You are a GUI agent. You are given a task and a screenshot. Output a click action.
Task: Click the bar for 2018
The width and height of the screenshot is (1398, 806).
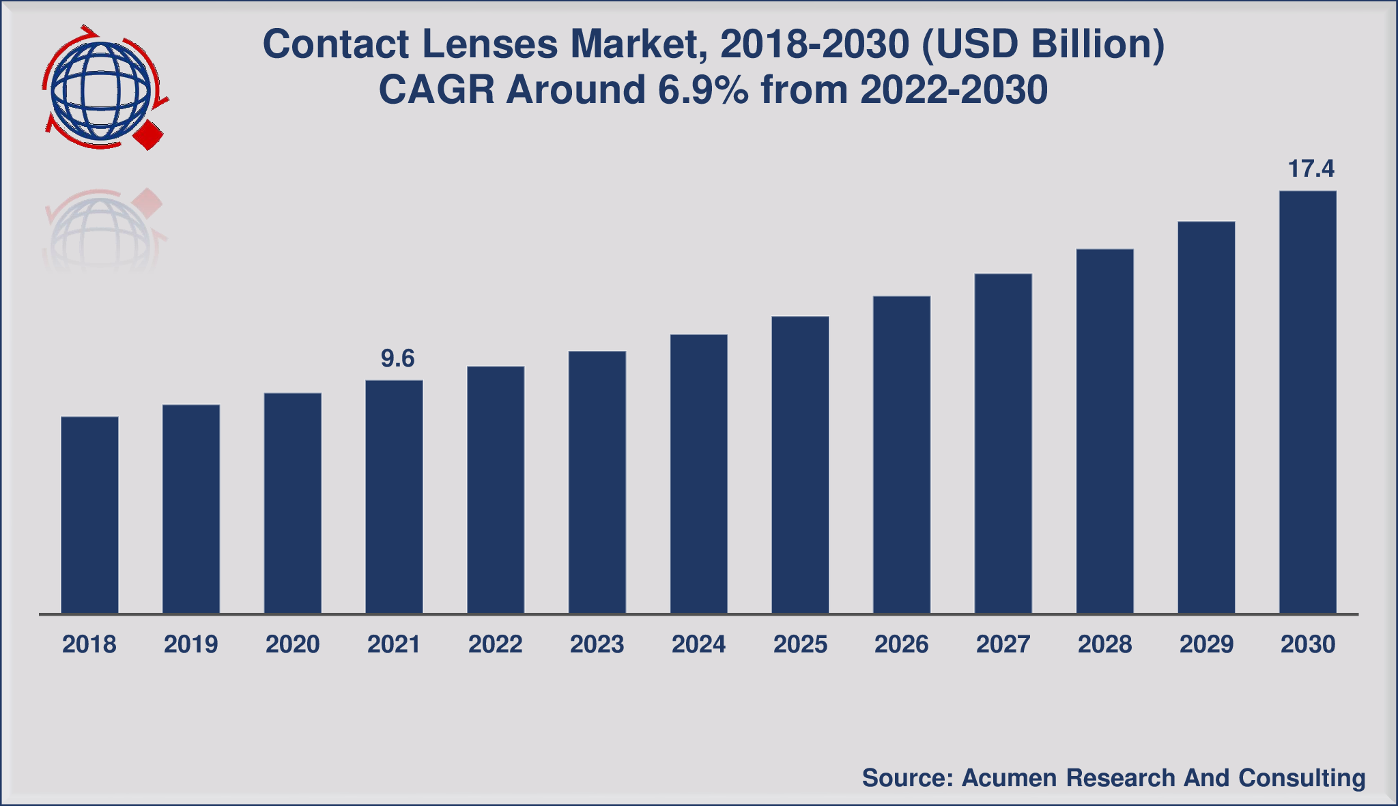point(89,515)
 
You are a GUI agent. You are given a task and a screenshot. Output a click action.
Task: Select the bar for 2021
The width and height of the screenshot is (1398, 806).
point(394,496)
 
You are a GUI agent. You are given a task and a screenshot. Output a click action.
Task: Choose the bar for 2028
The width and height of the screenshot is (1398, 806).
point(1104,431)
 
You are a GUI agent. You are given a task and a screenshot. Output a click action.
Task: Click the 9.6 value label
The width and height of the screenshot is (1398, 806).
point(397,358)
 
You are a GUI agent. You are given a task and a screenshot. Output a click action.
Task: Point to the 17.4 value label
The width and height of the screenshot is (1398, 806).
point(1311,169)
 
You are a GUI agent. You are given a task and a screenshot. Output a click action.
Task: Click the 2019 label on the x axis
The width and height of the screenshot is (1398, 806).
point(190,644)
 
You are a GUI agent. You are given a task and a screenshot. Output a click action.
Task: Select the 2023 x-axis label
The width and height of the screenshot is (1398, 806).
point(597,644)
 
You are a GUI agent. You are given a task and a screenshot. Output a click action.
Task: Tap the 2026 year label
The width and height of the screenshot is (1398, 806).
point(901,644)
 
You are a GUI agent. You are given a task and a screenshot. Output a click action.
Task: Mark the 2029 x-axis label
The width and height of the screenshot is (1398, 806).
point(1206,644)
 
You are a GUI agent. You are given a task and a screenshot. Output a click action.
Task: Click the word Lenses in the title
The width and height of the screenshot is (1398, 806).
point(490,44)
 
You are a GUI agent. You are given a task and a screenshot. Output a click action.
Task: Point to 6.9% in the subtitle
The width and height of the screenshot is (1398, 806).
point(703,90)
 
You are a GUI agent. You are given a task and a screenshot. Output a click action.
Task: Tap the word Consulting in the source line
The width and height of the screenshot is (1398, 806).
point(1302,777)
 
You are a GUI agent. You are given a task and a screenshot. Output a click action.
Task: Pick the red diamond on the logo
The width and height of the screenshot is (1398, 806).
point(147,136)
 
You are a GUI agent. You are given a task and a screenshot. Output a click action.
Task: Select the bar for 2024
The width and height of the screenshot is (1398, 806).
point(698,474)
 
